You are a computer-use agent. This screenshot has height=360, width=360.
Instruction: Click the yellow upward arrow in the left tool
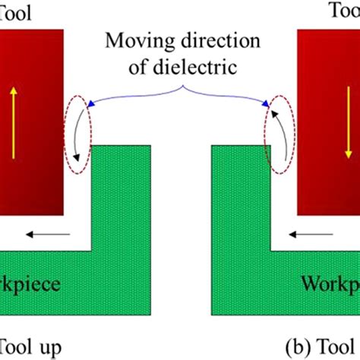13,122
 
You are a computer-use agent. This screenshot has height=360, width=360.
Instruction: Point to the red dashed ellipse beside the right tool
276,138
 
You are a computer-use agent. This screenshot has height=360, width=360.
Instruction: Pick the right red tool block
328,114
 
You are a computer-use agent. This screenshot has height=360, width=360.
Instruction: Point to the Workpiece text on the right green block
330,286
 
